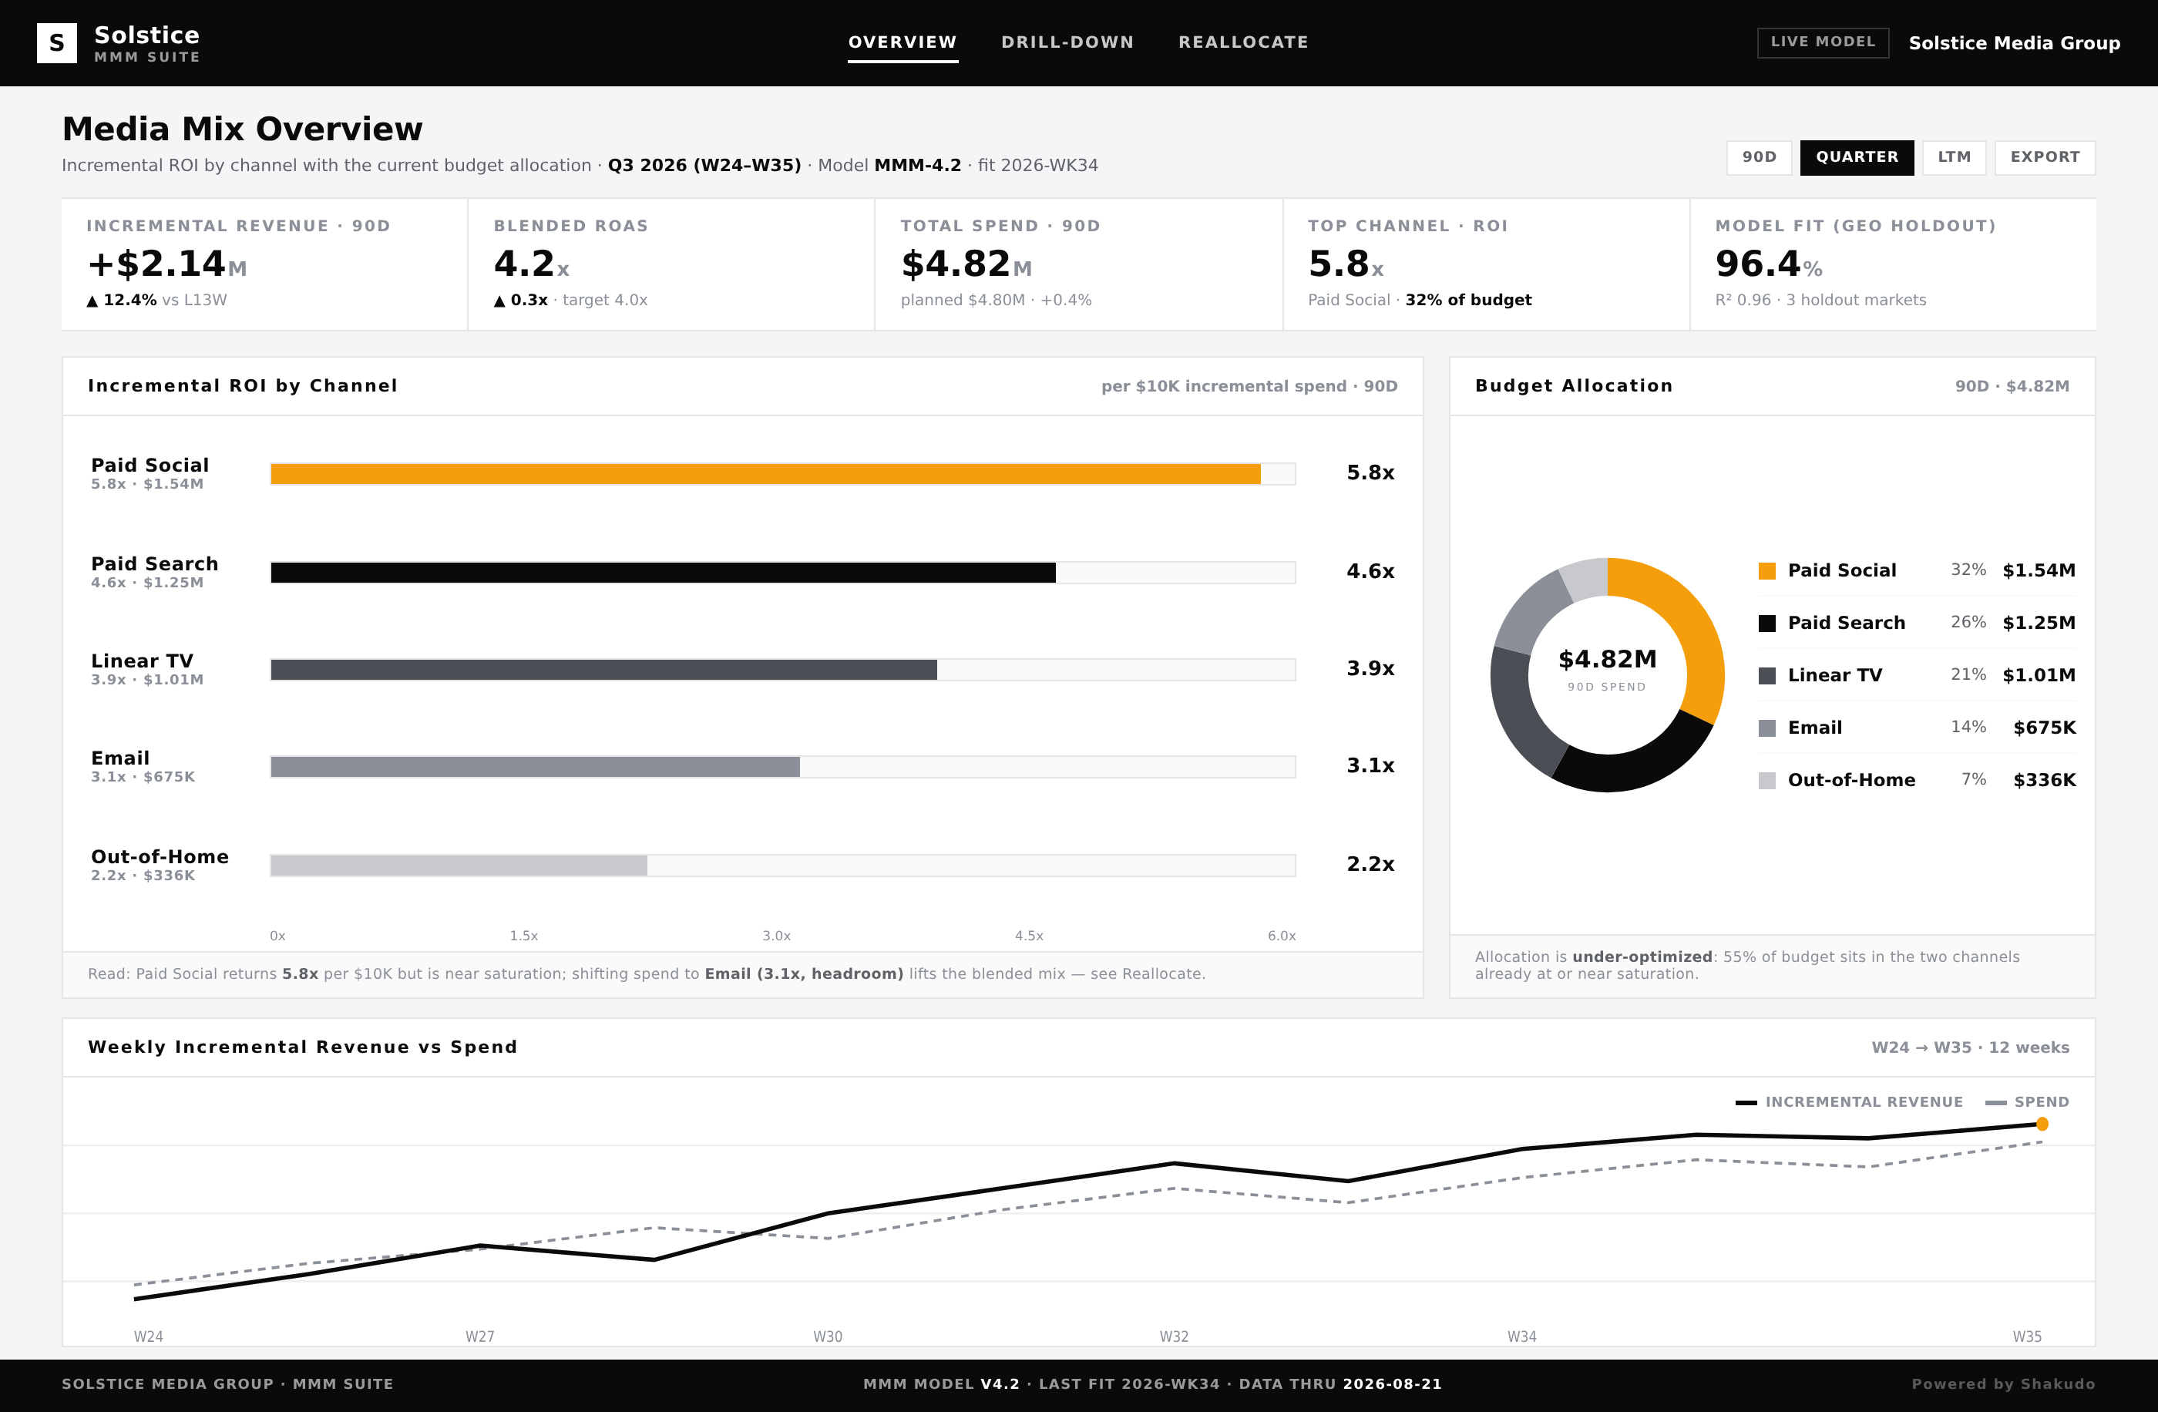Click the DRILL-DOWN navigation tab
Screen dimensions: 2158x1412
click(1067, 42)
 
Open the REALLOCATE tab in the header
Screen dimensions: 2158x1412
click(1243, 42)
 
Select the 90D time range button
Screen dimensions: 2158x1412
click(1759, 157)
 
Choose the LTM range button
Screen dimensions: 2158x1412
click(1954, 157)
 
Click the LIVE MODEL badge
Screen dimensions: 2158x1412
click(1823, 42)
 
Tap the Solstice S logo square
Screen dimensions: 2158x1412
click(56, 42)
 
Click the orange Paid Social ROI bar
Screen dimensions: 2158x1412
click(765, 473)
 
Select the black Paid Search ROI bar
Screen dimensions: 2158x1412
click(663, 572)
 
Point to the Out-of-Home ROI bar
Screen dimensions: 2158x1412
click(459, 865)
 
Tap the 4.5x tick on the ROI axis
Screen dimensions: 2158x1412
click(1029, 935)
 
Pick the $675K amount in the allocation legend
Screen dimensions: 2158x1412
click(2044, 728)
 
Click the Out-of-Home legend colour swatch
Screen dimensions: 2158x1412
click(1766, 780)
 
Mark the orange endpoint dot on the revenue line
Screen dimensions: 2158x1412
click(2042, 1125)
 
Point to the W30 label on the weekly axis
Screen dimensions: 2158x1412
click(827, 1336)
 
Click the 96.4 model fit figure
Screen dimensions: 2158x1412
click(1757, 264)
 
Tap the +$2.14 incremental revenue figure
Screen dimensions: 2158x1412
click(156, 264)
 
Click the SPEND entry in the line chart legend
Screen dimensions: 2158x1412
click(2028, 1102)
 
